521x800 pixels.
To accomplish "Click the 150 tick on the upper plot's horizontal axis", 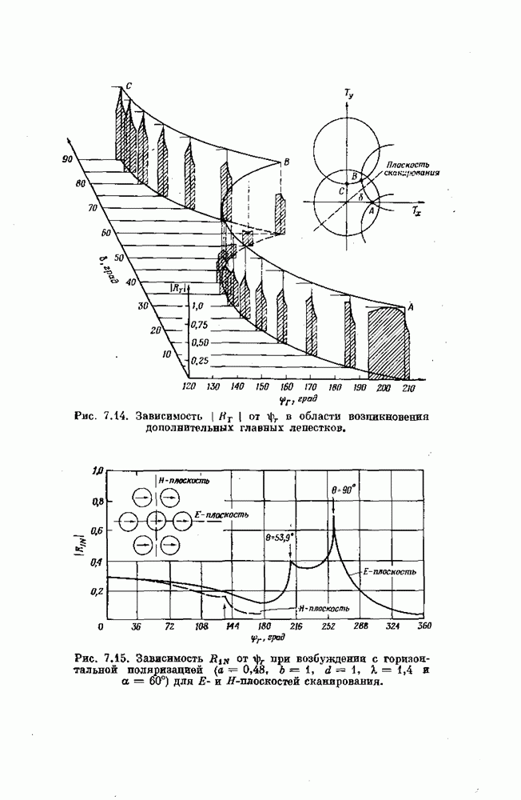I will pos(260,386).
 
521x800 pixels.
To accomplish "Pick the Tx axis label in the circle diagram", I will pos(417,214).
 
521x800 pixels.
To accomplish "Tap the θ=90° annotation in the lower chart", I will pos(344,486).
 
